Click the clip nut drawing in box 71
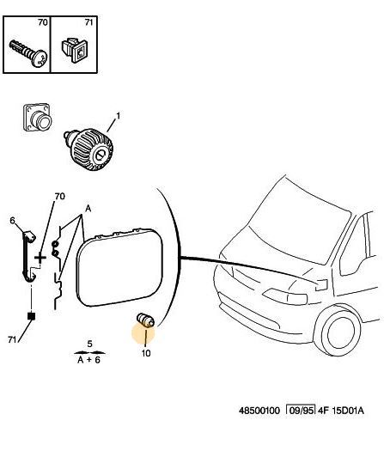click(x=74, y=49)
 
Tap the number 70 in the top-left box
click(x=43, y=22)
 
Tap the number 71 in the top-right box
click(x=88, y=22)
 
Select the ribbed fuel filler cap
click(x=88, y=149)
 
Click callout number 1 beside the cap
click(x=118, y=116)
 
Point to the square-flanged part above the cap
click(x=37, y=118)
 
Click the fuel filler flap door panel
click(x=119, y=267)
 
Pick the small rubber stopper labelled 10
click(x=145, y=320)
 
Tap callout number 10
click(x=146, y=353)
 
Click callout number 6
click(x=12, y=221)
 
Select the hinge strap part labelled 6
click(x=28, y=256)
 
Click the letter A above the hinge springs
click(x=88, y=208)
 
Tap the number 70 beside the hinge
click(x=59, y=196)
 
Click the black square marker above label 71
click(x=31, y=316)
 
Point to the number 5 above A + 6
click(x=89, y=344)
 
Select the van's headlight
click(x=284, y=296)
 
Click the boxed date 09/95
click(x=301, y=410)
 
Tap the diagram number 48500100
click(x=259, y=411)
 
